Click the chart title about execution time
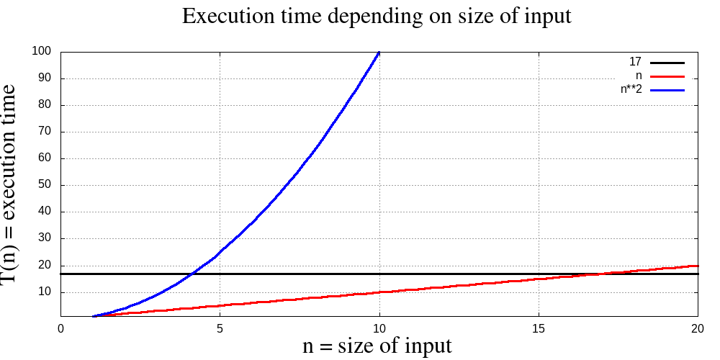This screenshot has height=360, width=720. (x=377, y=16)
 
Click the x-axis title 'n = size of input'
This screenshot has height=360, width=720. (x=377, y=346)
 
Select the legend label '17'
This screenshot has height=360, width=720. (x=635, y=63)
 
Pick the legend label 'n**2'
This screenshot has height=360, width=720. (x=631, y=89)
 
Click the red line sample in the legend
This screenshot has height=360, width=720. (x=667, y=76)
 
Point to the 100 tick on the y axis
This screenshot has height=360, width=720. (x=41, y=51)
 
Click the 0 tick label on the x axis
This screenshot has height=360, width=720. (x=60, y=328)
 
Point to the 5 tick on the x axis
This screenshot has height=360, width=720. (x=220, y=328)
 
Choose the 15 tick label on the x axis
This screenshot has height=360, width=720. (x=539, y=328)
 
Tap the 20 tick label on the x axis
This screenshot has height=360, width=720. (x=698, y=328)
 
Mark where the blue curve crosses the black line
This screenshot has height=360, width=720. (x=192, y=274)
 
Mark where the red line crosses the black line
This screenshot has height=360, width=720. (x=603, y=274)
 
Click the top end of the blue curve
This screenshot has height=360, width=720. (x=379, y=52)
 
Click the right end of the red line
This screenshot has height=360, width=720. (x=698, y=266)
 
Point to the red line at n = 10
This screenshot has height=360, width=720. (x=379, y=292)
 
